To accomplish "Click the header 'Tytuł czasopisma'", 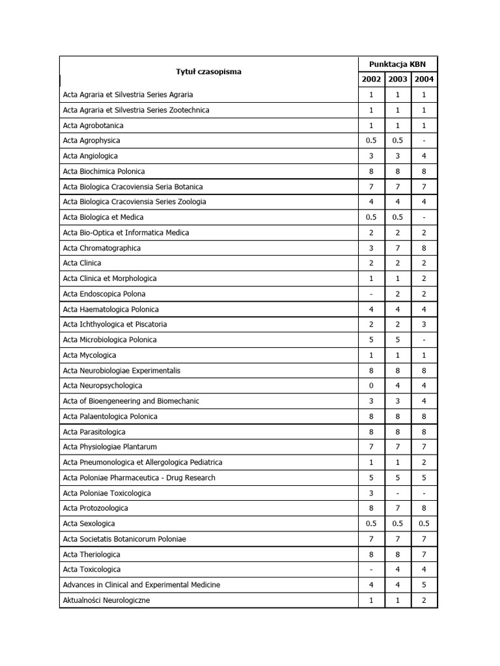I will point(208,72).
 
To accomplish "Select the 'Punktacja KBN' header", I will point(397,64).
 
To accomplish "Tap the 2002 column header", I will point(371,79).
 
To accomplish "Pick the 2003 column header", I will point(398,79).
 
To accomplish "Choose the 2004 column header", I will point(424,79).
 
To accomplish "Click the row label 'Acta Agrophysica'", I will point(92,140).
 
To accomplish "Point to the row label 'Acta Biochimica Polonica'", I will point(104,171).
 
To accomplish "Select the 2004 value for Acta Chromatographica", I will point(424,248).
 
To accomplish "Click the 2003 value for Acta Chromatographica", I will point(398,248).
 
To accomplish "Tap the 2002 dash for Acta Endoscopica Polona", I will point(371,294).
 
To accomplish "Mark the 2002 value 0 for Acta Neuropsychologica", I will point(371,386).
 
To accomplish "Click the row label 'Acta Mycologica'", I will point(90,355).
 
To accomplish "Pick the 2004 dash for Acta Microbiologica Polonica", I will point(424,340).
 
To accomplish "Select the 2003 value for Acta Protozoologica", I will point(398,508).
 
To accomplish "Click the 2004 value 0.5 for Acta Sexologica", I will point(424,524).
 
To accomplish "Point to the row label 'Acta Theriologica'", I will point(92,554).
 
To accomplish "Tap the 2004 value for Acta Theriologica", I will point(424,554).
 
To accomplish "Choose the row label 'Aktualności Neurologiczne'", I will point(107,600).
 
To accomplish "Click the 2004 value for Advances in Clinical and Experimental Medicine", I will point(424,585).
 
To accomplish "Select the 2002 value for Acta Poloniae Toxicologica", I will point(371,493).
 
